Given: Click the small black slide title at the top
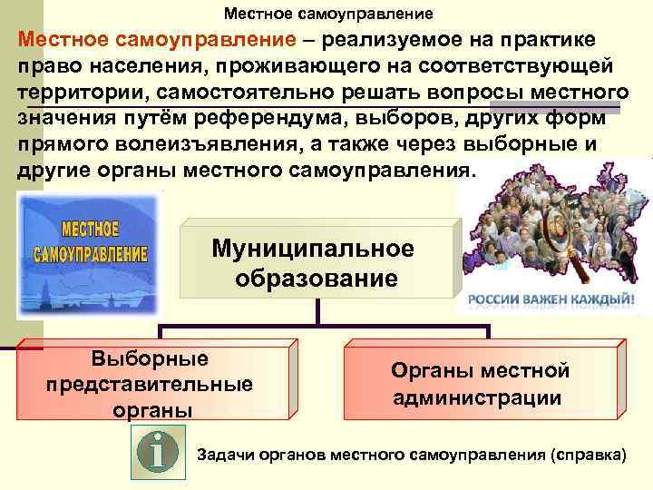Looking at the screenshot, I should point(329,14).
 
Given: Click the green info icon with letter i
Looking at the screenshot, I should point(159,450).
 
